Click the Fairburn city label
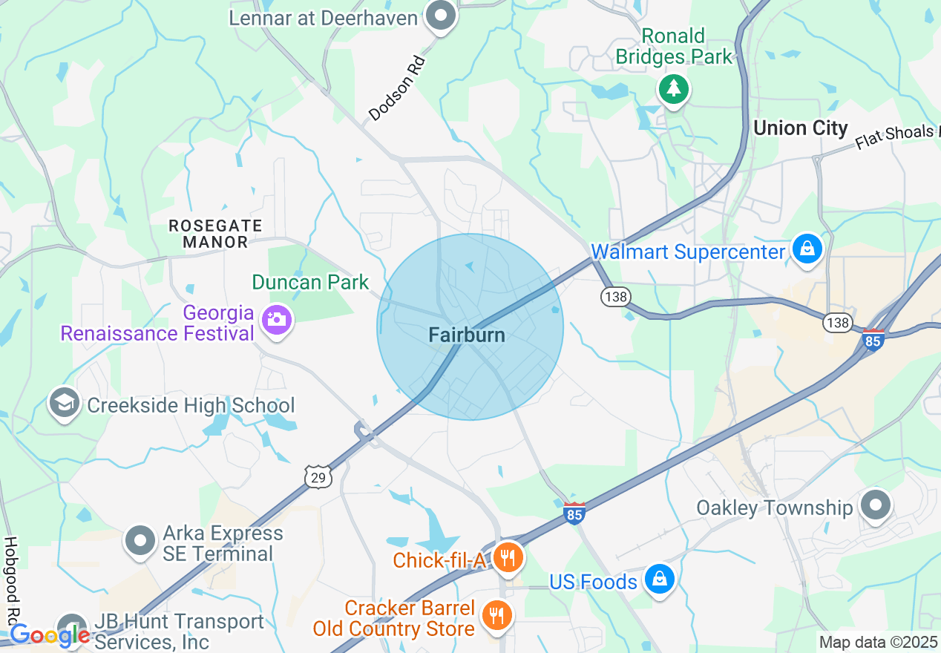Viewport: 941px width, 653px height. (x=467, y=335)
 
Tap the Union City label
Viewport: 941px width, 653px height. (x=800, y=128)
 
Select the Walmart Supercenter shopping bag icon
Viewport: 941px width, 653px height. (x=806, y=249)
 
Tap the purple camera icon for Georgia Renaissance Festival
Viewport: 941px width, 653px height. (x=276, y=319)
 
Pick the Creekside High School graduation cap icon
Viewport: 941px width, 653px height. (x=65, y=404)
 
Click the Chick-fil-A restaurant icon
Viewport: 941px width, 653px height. (x=507, y=558)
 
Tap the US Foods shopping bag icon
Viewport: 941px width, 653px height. (x=658, y=580)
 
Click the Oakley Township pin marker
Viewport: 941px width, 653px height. (x=875, y=506)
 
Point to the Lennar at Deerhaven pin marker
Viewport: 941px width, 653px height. (x=441, y=16)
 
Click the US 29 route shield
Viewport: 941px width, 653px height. (x=318, y=477)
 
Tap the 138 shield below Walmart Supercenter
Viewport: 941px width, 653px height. (x=616, y=297)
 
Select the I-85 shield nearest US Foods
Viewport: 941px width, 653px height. (x=574, y=513)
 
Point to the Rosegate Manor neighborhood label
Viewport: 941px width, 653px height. (x=215, y=233)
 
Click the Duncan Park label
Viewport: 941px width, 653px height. (x=310, y=282)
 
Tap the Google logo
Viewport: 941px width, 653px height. (x=50, y=635)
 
